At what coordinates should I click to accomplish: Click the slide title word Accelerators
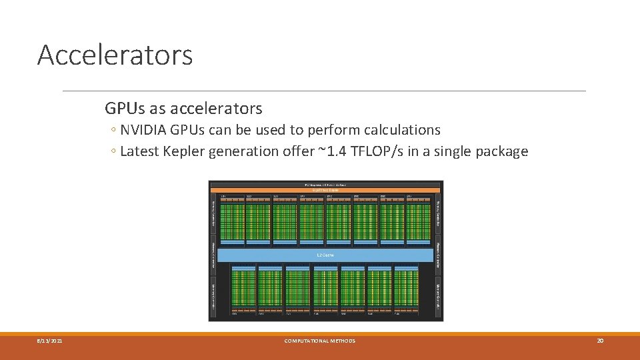tap(115, 55)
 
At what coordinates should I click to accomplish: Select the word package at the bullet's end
tap(501, 151)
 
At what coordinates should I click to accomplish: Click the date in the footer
tap(49, 341)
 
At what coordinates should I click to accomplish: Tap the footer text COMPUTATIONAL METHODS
tap(320, 341)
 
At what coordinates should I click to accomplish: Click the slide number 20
tap(600, 341)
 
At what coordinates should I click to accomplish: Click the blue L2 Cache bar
tap(325, 255)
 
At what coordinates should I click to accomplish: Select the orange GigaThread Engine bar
tap(325, 190)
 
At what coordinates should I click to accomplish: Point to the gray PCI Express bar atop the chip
tap(325, 184)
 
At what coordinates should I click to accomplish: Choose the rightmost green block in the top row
tap(419, 222)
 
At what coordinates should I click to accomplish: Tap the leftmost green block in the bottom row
tap(243, 289)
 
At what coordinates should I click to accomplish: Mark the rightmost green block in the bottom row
tap(406, 289)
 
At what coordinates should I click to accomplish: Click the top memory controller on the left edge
tap(214, 213)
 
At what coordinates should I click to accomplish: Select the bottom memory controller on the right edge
tap(438, 295)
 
